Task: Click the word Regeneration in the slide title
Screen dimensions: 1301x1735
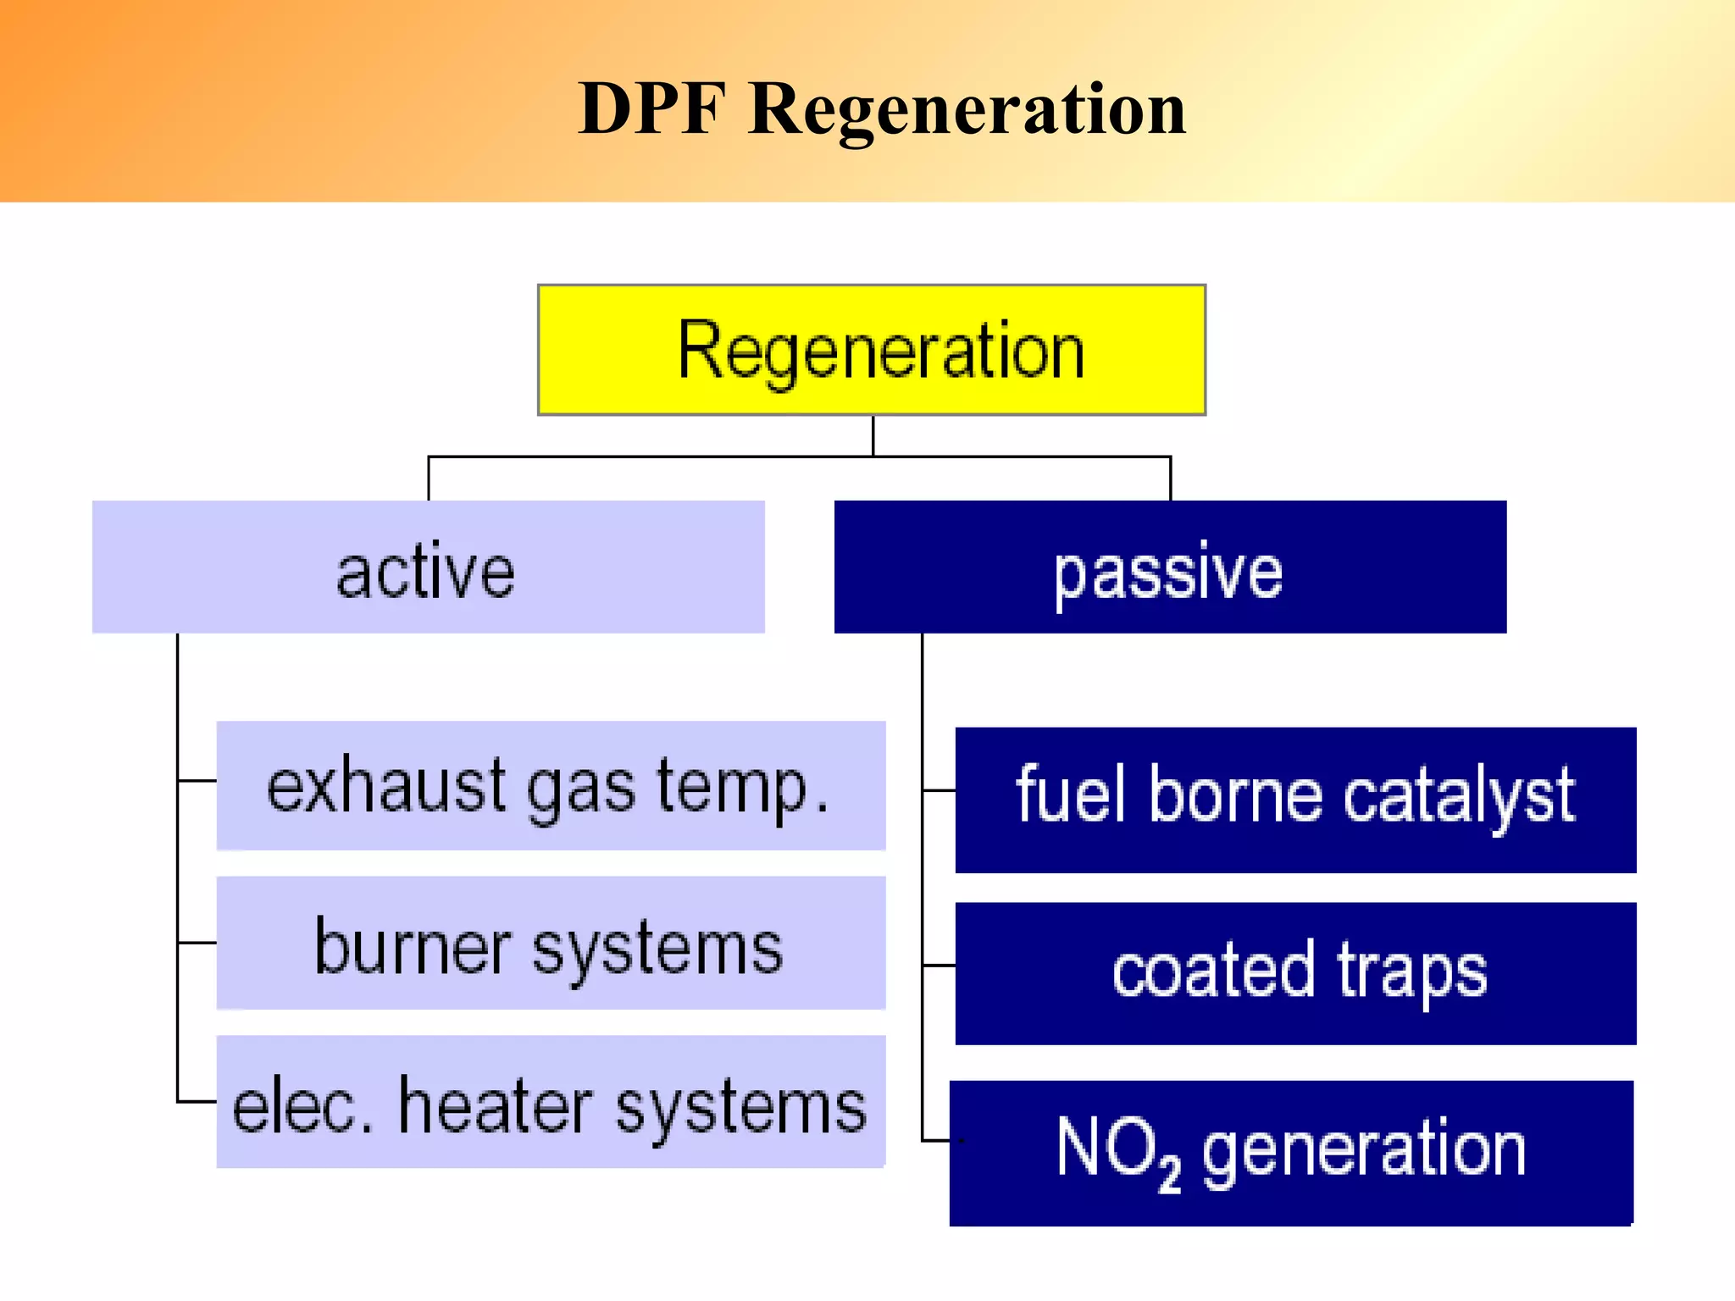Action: click(967, 110)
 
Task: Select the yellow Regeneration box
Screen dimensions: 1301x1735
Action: click(871, 350)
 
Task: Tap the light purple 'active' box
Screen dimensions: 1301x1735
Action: click(428, 567)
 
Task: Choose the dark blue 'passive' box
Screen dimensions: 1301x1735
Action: click(1169, 567)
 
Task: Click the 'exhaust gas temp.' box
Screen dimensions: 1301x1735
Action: click(551, 786)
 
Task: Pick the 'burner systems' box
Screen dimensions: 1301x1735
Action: click(551, 943)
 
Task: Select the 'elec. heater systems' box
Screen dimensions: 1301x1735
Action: click(551, 1102)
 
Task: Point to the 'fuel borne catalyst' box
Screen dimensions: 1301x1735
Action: click(1295, 800)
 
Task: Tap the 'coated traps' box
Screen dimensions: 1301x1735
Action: click(1295, 973)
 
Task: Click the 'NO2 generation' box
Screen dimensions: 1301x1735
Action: click(1291, 1153)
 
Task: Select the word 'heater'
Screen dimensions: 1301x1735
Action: click(496, 1105)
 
